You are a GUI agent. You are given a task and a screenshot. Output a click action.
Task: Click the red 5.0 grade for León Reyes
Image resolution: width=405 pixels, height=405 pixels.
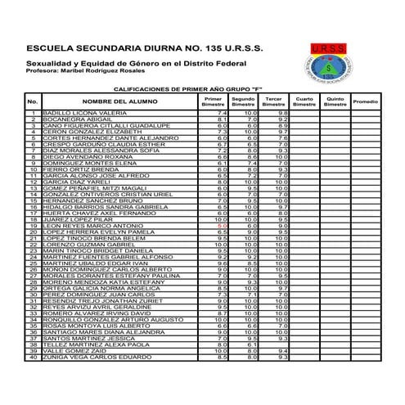coord(221,226)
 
